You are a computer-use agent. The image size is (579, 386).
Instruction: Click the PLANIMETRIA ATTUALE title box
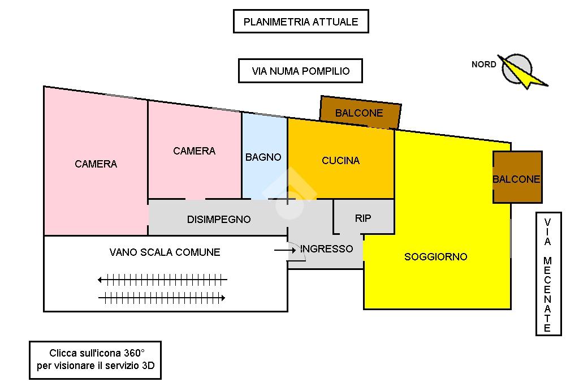click(x=301, y=22)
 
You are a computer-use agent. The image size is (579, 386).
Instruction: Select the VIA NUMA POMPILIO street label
click(x=300, y=71)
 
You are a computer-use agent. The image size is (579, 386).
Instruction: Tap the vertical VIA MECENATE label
click(x=547, y=275)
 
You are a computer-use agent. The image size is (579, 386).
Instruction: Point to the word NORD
click(x=484, y=65)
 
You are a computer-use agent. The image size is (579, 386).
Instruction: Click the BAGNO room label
click(x=263, y=157)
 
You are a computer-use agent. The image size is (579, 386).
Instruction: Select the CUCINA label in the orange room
click(x=340, y=161)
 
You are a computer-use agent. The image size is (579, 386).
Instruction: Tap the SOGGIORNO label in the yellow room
click(x=435, y=257)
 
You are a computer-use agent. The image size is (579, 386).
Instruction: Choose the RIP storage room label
click(x=363, y=218)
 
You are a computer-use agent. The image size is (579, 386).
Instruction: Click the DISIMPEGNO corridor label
click(x=219, y=219)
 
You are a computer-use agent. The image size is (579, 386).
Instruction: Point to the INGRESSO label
click(x=326, y=248)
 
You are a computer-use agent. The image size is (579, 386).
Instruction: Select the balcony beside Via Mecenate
click(x=517, y=179)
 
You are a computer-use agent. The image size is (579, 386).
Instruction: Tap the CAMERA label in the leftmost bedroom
click(x=96, y=164)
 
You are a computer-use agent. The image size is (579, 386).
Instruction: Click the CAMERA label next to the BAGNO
click(x=194, y=151)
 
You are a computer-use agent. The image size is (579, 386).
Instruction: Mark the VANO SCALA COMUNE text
click(x=165, y=252)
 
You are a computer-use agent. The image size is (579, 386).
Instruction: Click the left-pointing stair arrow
click(x=162, y=279)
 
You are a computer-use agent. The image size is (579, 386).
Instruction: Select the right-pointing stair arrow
click(x=162, y=298)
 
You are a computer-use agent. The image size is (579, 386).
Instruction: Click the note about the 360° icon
click(x=95, y=359)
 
